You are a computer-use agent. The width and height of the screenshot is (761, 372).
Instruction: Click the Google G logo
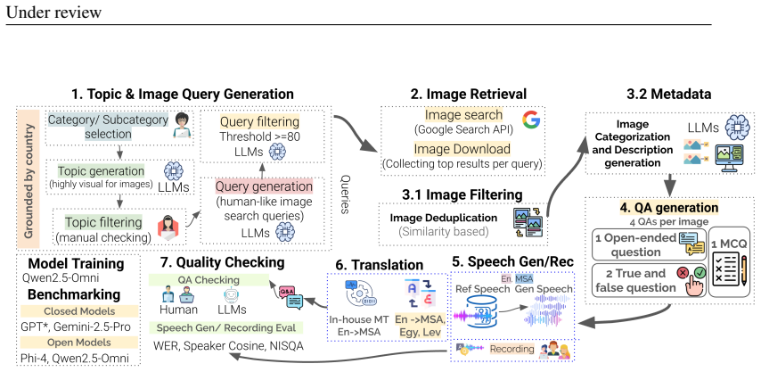click(x=531, y=120)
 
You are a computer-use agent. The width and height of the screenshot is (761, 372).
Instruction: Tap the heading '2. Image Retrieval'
click(x=469, y=94)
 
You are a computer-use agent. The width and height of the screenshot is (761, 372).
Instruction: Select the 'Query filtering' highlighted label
click(x=259, y=121)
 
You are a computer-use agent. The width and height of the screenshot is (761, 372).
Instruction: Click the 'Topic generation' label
click(x=101, y=171)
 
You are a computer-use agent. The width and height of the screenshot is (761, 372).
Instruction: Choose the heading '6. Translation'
click(x=379, y=265)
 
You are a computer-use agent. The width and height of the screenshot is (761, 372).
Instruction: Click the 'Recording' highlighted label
click(x=511, y=349)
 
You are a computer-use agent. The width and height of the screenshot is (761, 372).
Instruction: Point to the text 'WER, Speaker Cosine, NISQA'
click(x=228, y=346)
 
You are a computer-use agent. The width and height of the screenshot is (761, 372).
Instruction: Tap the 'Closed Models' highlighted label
click(x=79, y=311)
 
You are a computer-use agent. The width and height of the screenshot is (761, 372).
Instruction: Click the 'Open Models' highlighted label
click(x=79, y=343)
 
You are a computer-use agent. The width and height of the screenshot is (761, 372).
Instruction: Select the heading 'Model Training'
click(x=77, y=264)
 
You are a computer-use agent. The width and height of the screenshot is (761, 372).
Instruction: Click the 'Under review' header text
click(x=53, y=12)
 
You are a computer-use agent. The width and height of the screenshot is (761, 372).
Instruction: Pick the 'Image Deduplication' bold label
click(x=444, y=218)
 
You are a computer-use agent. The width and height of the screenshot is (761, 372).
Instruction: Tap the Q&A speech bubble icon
click(x=289, y=296)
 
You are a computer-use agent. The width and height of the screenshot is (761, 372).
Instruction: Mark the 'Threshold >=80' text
click(x=259, y=137)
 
